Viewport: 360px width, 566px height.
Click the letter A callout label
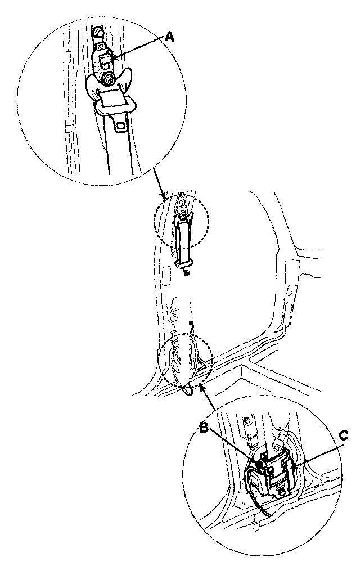[x=170, y=37]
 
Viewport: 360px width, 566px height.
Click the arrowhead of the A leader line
[x=113, y=58]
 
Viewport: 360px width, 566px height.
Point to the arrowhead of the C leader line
[x=293, y=465]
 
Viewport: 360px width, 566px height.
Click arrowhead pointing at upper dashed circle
[x=164, y=197]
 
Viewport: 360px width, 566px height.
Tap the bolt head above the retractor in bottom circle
[x=246, y=420]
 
